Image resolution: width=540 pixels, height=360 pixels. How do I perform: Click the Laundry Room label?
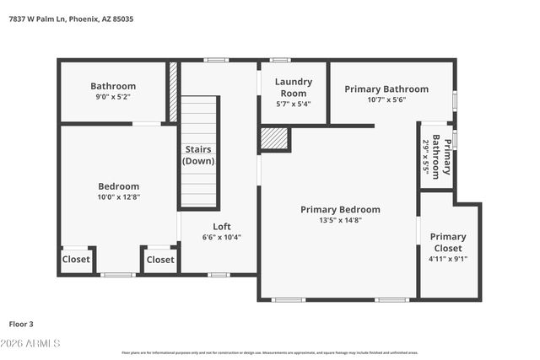293,88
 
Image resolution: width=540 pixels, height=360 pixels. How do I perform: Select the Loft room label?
221,226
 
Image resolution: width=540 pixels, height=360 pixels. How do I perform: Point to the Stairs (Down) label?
199,155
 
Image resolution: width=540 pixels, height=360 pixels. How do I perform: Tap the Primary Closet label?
447,242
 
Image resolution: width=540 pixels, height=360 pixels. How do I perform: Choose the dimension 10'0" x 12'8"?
118,197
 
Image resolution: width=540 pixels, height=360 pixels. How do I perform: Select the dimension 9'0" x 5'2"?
113,96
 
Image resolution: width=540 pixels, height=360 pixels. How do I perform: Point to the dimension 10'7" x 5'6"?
386,99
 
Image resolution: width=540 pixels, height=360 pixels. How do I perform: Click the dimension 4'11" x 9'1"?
448,259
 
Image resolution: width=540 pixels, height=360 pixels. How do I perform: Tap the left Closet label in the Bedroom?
76,260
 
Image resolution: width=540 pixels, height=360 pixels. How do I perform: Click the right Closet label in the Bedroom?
159,260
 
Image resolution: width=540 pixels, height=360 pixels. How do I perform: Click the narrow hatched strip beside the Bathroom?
173,80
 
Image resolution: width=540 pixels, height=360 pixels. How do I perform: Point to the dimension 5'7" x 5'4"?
293,104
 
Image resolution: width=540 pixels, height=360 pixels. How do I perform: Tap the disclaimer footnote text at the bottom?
269,352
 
